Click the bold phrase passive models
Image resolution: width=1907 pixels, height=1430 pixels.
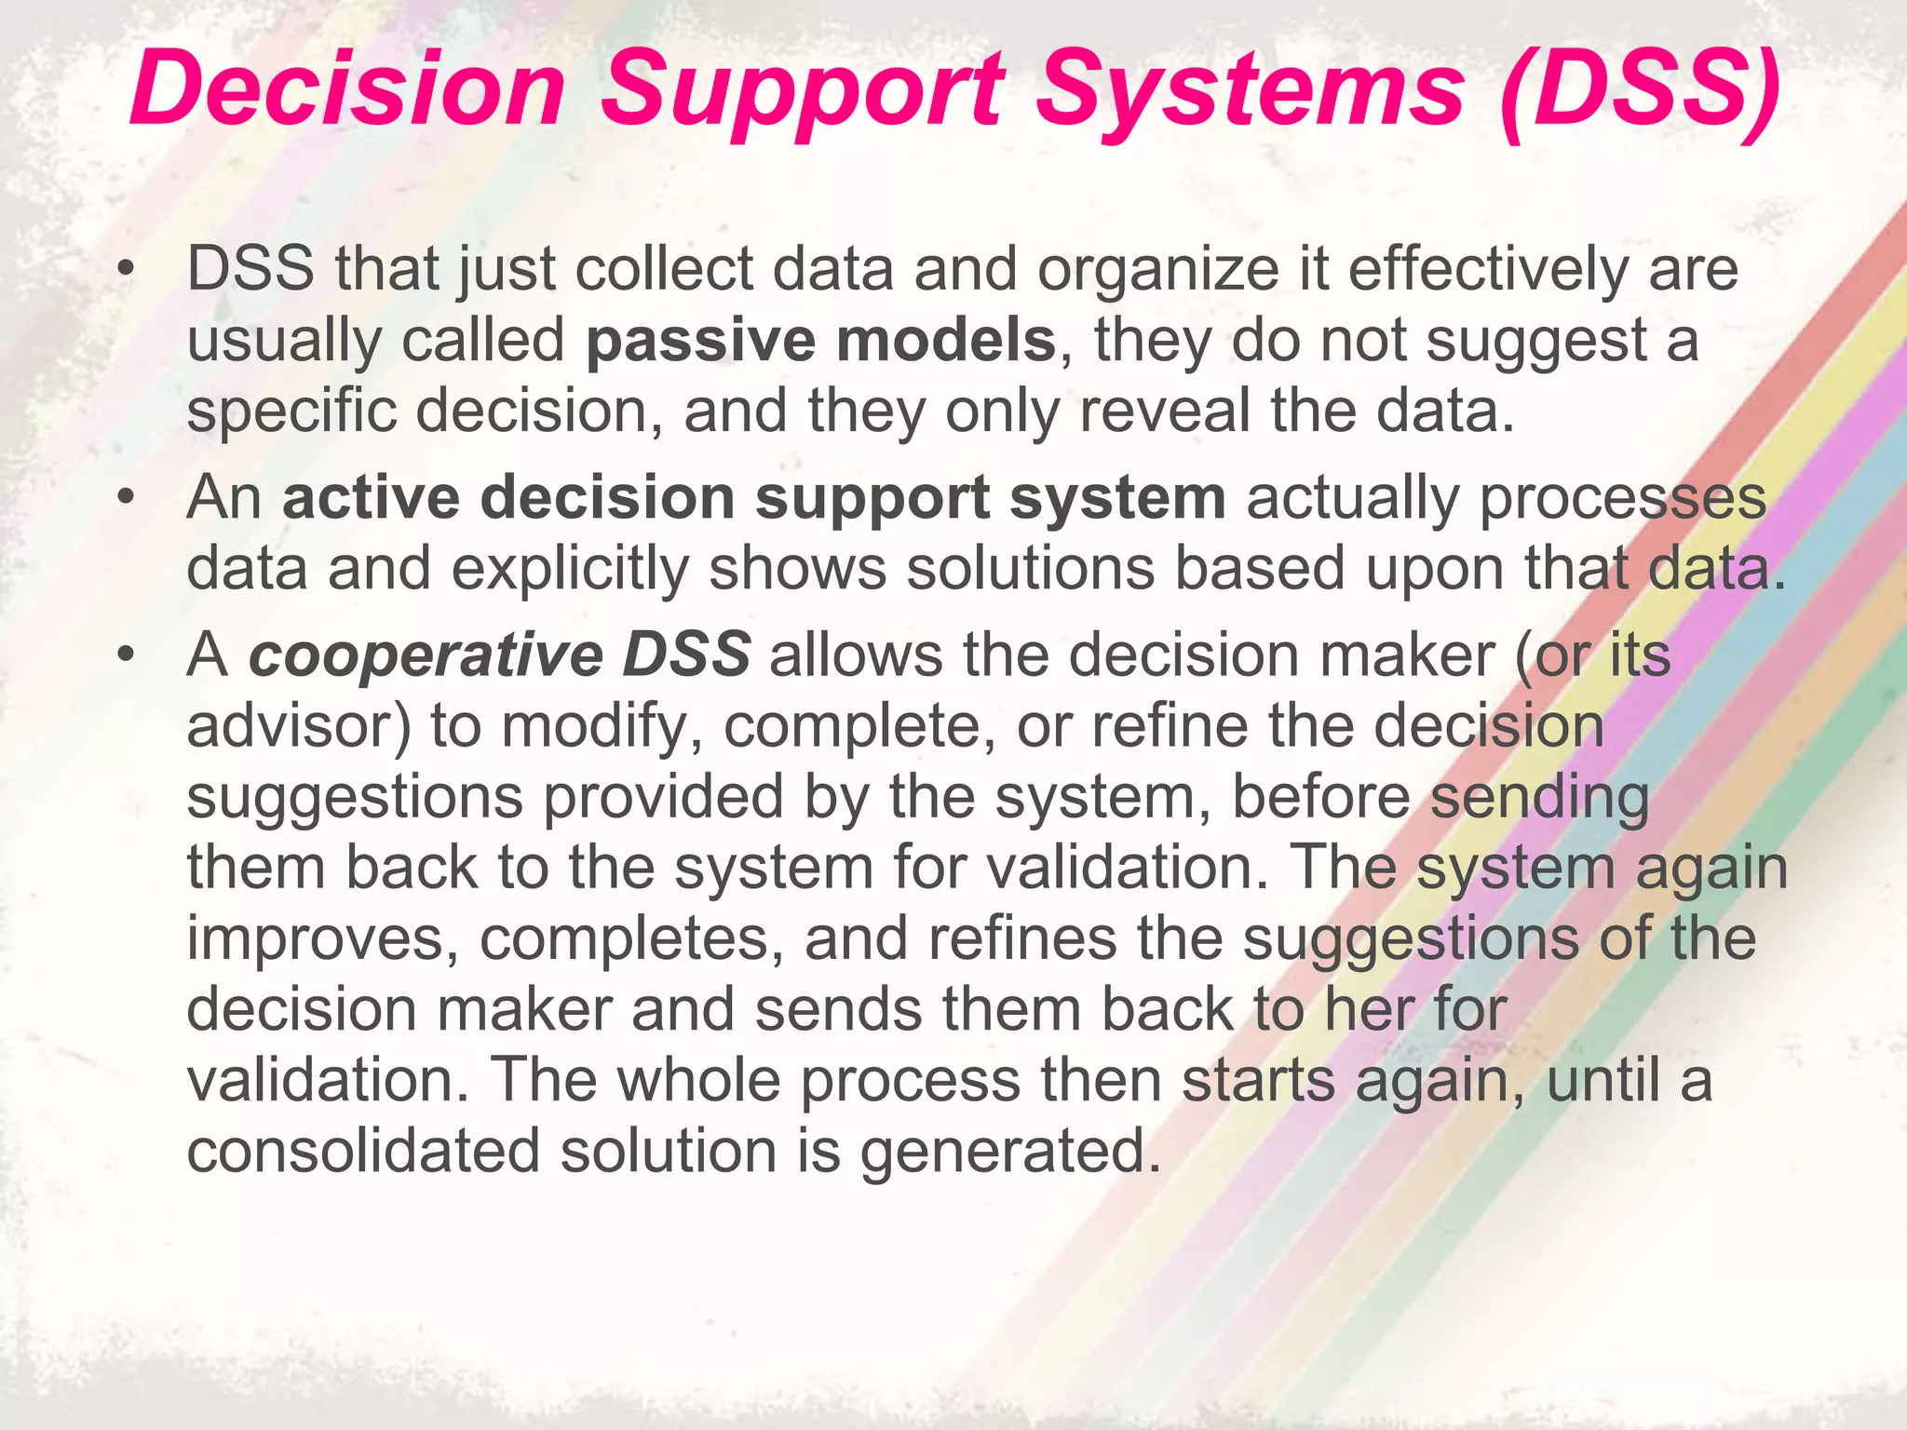click(x=821, y=340)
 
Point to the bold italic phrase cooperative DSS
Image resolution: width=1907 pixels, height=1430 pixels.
click(x=499, y=654)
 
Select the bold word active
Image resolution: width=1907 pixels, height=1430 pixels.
click(x=371, y=497)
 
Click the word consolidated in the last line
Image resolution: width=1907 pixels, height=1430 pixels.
click(x=363, y=1151)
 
